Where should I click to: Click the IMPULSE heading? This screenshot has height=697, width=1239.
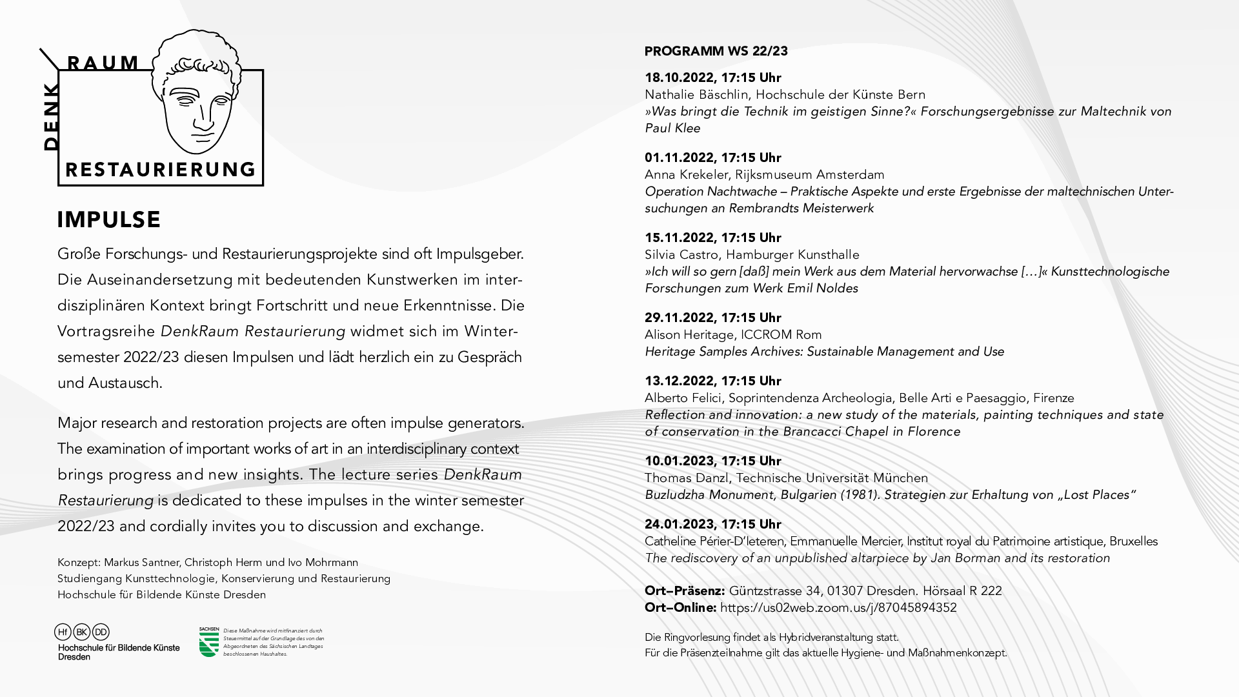(108, 220)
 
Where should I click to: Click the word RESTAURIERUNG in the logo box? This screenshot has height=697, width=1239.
(161, 170)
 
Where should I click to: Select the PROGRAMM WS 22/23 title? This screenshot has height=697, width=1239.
(716, 52)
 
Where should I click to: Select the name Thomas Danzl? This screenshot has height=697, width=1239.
(687, 478)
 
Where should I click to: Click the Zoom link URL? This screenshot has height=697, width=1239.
(838, 608)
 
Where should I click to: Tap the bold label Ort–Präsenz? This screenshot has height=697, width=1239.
(684, 591)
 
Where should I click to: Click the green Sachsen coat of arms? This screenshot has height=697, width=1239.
(208, 643)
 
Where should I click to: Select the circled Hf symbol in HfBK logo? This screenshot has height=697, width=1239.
(63, 632)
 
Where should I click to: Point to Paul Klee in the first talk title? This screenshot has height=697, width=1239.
(672, 128)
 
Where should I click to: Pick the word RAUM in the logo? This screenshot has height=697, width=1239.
(103, 63)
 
